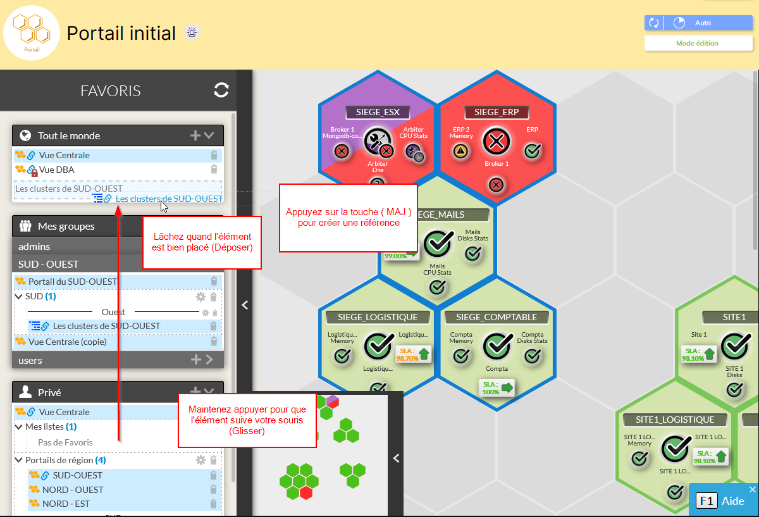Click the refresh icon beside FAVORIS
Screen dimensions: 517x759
[221, 90]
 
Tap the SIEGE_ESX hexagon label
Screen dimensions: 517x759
[378, 112]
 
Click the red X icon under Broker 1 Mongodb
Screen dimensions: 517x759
[342, 151]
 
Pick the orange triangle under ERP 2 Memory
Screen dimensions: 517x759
[460, 151]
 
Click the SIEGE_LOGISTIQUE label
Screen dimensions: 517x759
[378, 317]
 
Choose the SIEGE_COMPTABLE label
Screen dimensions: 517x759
[497, 317]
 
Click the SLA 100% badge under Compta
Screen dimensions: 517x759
[497, 387]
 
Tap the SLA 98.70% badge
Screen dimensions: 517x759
[413, 354]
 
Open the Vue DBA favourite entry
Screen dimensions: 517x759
[56, 170]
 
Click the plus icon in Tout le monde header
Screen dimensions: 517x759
[195, 135]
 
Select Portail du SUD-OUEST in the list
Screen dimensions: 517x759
[73, 281]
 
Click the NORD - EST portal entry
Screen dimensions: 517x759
[66, 504]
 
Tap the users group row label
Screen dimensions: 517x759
[30, 360]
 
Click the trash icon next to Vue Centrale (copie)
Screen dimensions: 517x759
[214, 342]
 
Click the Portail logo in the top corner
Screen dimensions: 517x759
[32, 33]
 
